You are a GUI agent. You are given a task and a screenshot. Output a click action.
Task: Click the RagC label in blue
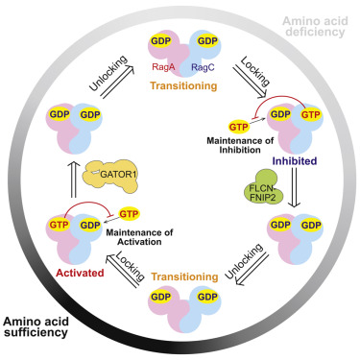(x=203, y=68)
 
